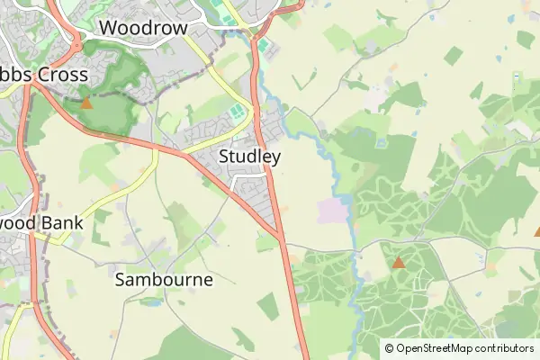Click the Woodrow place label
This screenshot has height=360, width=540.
tap(143, 28)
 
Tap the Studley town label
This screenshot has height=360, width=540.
tap(250, 157)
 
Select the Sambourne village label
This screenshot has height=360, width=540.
tap(165, 279)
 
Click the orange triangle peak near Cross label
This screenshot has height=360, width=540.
tap(86, 103)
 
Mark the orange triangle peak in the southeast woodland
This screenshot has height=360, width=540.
tap(398, 263)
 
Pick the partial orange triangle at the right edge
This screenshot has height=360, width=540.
tap(536, 231)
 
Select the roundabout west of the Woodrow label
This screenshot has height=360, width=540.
tap(76, 42)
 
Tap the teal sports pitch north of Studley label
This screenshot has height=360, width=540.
tap(236, 114)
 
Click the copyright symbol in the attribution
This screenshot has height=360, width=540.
tap(389, 348)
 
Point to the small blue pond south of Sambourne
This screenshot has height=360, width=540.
tap(150, 302)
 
